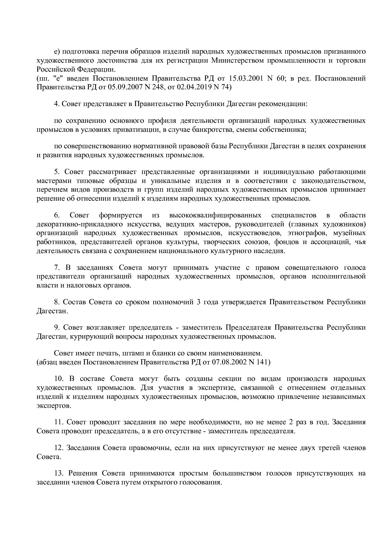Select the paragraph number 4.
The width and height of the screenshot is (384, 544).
click(x=57, y=104)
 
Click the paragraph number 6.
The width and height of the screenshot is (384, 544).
click(x=57, y=215)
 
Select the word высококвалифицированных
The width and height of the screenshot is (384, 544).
click(x=215, y=215)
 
